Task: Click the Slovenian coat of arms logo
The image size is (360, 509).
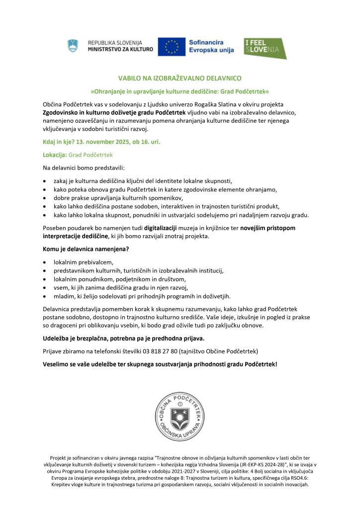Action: tap(73, 46)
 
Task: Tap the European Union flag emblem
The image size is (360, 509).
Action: tap(172, 46)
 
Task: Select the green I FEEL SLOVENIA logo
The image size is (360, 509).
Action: tap(265, 48)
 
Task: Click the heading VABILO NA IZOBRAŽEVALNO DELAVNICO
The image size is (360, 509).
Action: tap(180, 79)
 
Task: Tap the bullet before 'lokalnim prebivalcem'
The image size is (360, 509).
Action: tap(45, 262)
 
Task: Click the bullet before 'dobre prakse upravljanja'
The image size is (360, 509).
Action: tap(45, 198)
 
